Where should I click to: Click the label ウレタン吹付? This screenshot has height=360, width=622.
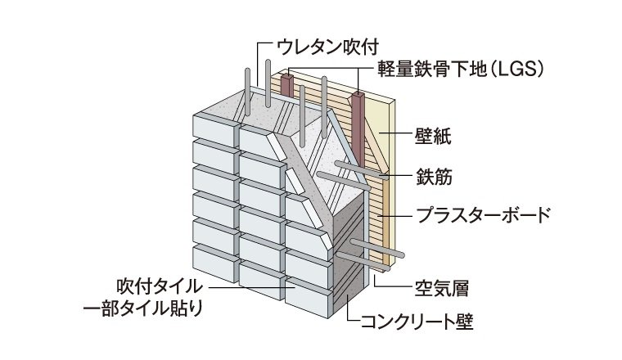327,47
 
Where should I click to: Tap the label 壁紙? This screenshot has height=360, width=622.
433,137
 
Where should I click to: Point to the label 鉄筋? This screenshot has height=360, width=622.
434,177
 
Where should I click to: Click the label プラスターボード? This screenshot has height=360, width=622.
483,216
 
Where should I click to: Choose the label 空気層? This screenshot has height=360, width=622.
442,288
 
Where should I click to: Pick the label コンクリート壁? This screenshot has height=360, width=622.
417,322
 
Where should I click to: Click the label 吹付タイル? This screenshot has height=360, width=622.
160,286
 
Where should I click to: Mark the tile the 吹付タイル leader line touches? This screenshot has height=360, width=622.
309,294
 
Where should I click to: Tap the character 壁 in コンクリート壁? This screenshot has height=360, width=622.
465,322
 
